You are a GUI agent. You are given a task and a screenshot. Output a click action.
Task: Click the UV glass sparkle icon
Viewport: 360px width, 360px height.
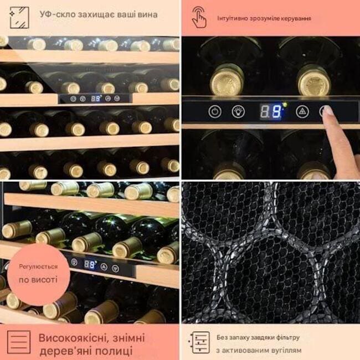[x=19, y=18]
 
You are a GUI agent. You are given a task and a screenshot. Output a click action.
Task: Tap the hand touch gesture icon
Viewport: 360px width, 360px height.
[x=199, y=17]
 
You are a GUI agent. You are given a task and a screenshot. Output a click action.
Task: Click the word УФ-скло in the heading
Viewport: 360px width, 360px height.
[x=58, y=14]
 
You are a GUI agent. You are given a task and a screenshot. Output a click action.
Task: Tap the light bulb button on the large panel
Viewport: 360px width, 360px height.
[x=238, y=111]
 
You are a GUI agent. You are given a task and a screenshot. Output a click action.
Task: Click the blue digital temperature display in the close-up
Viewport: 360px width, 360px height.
[x=271, y=111]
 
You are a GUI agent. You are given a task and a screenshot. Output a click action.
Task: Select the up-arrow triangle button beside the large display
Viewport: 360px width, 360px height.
[x=302, y=111]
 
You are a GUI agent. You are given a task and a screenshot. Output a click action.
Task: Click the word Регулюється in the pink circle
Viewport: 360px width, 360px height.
[x=38, y=267]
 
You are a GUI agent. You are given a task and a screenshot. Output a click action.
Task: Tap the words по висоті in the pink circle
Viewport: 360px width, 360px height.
[x=38, y=280]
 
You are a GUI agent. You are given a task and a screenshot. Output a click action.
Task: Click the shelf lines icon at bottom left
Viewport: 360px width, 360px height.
[x=19, y=342]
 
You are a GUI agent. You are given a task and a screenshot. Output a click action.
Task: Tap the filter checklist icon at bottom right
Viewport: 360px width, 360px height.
[x=199, y=342]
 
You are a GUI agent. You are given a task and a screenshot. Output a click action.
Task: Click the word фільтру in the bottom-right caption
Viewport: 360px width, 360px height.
[x=288, y=337]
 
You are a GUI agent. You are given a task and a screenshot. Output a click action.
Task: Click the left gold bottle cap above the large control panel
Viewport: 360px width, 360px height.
[x=227, y=80]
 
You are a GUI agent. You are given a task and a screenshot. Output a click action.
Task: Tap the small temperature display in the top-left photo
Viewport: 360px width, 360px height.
[x=96, y=99]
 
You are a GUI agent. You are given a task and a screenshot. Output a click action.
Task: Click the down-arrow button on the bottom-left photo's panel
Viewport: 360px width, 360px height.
[x=116, y=269]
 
